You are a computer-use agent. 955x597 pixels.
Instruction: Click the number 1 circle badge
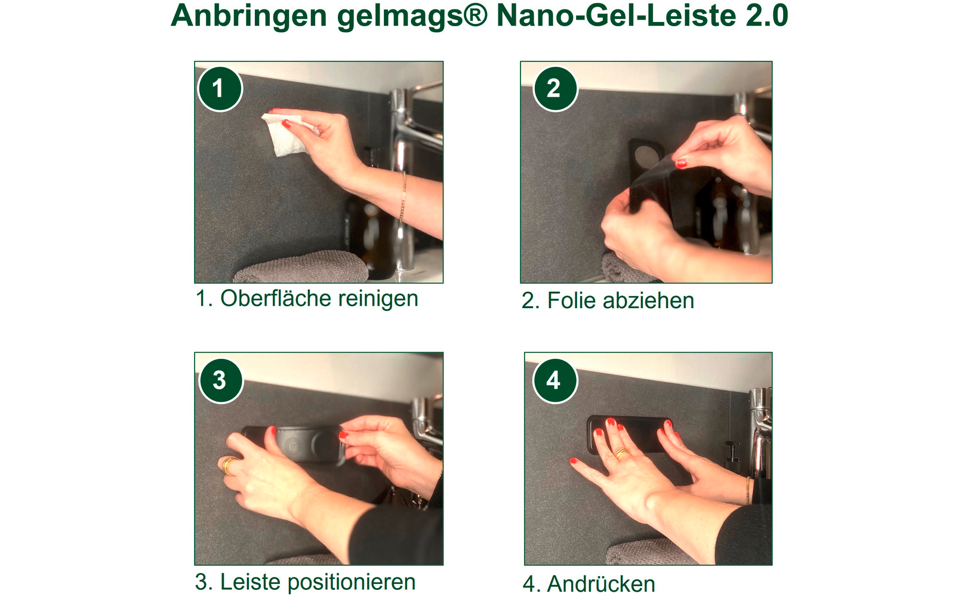pyautogui.click(x=219, y=89)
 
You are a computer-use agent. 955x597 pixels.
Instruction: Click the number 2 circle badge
pyautogui.click(x=554, y=89)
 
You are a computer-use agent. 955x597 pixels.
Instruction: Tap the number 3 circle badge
pyautogui.click(x=220, y=380)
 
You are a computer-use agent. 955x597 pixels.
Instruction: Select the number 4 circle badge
pyautogui.click(x=554, y=380)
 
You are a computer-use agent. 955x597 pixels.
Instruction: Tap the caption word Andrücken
pyautogui.click(x=600, y=584)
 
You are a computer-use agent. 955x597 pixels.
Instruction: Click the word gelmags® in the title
pyautogui.click(x=412, y=17)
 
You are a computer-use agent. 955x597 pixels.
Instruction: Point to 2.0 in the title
pyautogui.click(x=767, y=17)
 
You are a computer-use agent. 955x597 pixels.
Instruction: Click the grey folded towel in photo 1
pyautogui.click(x=301, y=267)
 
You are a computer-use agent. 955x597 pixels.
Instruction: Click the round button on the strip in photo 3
pyautogui.click(x=293, y=445)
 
